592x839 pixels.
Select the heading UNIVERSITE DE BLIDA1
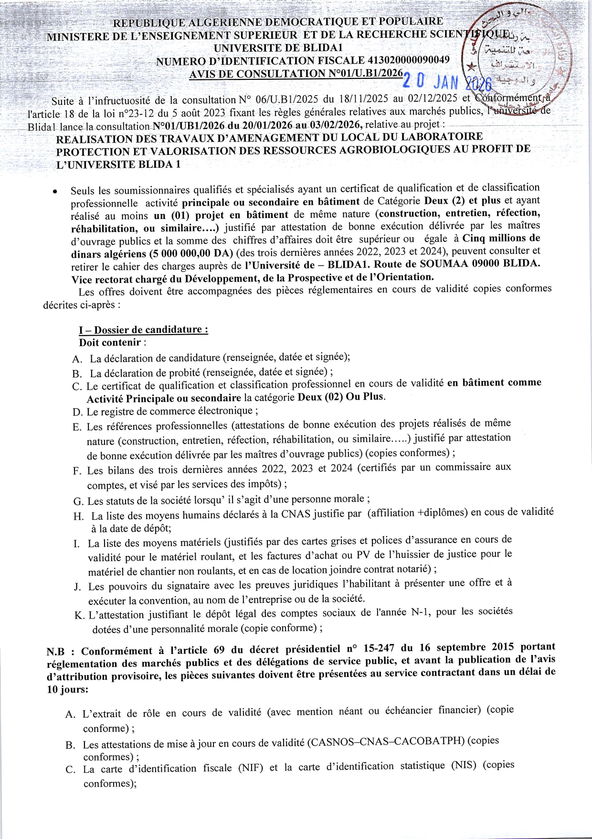point(278,48)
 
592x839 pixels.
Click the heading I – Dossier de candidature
point(143,330)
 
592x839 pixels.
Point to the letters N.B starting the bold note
point(56,652)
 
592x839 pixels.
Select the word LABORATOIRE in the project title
point(442,137)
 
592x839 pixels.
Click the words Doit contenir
point(110,342)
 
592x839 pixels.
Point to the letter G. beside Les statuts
point(78,501)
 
